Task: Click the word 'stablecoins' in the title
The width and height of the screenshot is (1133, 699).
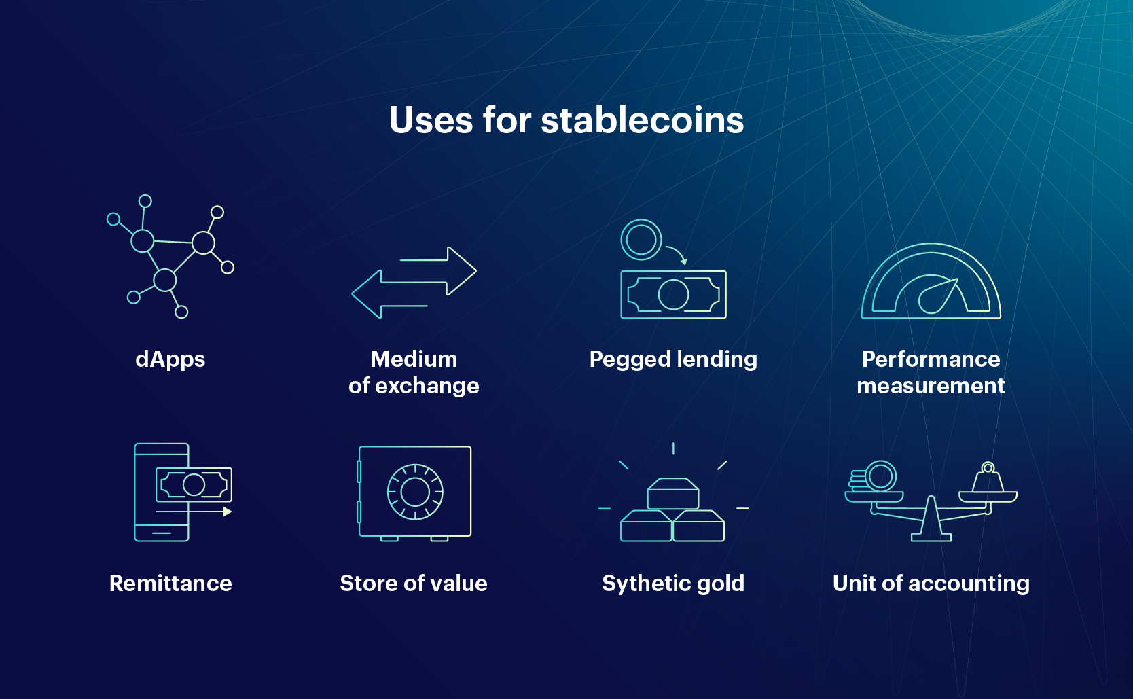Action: tap(643, 120)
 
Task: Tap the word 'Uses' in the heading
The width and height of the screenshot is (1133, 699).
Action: tap(431, 120)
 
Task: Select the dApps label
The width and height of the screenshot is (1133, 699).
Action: tap(170, 359)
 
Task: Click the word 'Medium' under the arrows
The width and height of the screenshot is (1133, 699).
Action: tap(414, 359)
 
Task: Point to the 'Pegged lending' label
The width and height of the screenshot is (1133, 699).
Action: tap(673, 360)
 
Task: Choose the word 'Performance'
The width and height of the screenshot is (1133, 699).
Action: tap(931, 359)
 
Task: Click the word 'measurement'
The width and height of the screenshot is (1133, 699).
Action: tap(931, 386)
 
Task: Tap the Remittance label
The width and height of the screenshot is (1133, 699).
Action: tap(170, 583)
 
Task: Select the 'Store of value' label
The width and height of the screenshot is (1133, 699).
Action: tap(414, 583)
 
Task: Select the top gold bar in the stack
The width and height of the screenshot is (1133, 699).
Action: tap(673, 494)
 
